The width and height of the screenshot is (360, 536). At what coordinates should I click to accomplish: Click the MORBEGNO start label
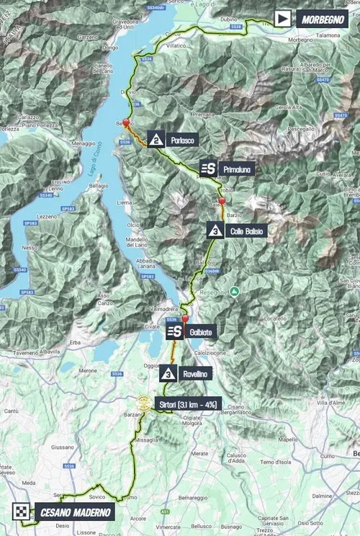tap(322, 18)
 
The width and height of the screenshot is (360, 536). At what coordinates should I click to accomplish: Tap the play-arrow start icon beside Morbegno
tap(283, 18)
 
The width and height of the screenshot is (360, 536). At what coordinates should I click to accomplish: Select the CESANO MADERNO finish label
tap(74, 512)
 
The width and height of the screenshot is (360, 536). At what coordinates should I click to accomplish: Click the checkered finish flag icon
tap(22, 512)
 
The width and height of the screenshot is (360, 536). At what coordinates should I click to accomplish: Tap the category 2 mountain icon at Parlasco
tap(156, 138)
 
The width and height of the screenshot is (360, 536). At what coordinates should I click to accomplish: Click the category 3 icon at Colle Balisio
tap(215, 231)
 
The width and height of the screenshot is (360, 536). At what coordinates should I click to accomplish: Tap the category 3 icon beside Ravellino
tap(168, 373)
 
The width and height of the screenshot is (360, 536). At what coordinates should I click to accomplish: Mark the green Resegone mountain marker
tap(234, 291)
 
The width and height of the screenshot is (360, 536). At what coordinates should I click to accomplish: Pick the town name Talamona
tap(331, 35)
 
